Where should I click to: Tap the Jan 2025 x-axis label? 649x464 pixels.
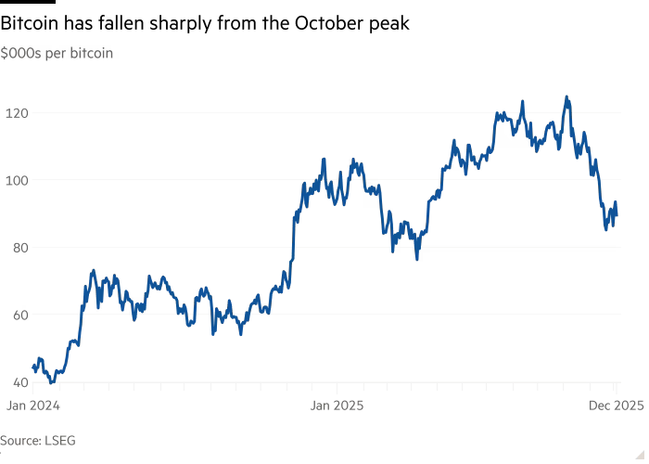(336, 405)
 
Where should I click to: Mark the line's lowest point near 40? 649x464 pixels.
(52, 381)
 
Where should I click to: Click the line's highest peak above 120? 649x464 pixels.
(566, 97)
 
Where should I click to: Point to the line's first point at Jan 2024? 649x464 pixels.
(32, 368)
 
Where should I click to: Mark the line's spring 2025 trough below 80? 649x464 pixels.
(417, 259)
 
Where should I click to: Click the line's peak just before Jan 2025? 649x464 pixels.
(324, 159)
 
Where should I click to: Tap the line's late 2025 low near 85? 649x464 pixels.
(606, 230)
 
